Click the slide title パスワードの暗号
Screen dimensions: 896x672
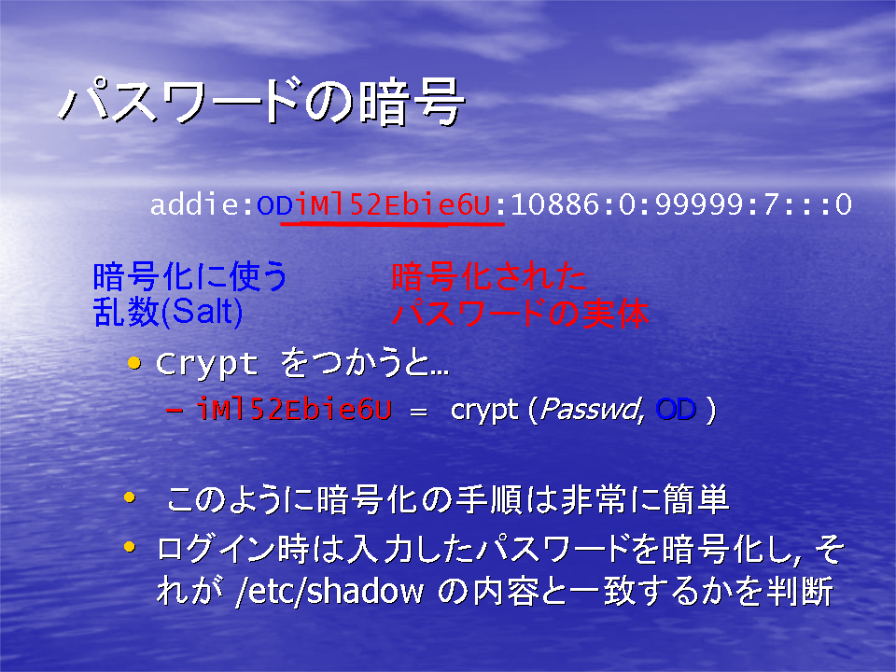(x=261, y=102)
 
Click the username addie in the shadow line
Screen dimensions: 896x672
(x=194, y=204)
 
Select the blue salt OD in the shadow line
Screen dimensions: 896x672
(x=274, y=205)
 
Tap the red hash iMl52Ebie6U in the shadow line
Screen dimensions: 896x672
(x=393, y=204)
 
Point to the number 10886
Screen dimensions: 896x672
(x=554, y=205)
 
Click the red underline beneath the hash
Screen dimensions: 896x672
(x=392, y=223)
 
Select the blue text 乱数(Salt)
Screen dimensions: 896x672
(x=168, y=312)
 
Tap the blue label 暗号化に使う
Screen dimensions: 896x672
(x=189, y=276)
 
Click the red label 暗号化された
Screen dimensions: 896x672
(x=488, y=276)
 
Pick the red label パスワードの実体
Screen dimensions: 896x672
(x=521, y=314)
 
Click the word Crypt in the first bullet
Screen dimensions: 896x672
(x=207, y=364)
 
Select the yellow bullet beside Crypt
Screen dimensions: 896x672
(x=134, y=363)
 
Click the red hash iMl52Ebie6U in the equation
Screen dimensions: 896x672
(x=294, y=410)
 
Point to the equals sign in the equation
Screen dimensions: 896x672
(x=419, y=412)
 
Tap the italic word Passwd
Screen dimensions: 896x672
(x=592, y=410)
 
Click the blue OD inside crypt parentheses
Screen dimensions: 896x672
(x=676, y=410)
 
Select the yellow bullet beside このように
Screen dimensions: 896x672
(x=130, y=497)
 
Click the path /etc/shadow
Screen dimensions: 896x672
(x=329, y=591)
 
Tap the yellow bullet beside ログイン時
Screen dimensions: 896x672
(x=130, y=547)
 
